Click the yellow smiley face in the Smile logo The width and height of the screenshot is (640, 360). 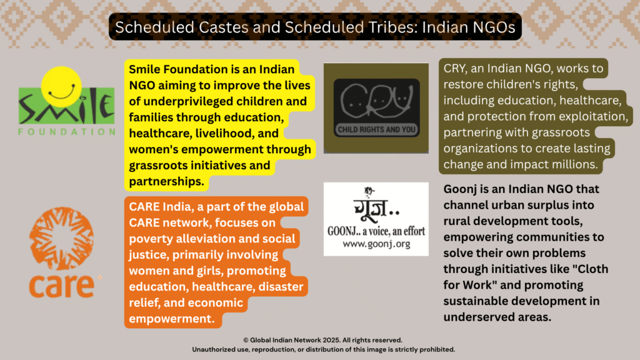coord(61,86)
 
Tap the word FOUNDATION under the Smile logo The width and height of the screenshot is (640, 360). coord(67,132)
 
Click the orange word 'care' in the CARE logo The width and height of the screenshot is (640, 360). coord(62,286)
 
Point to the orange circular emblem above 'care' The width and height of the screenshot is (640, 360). coord(62,238)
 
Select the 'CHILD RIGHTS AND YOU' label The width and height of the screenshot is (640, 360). coord(376,130)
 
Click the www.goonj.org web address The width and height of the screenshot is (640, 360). coord(376,244)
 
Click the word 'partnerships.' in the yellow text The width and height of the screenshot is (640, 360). coord(166,181)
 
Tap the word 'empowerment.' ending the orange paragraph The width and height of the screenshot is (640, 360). coord(172,318)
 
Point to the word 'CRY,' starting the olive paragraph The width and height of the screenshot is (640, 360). coord(455,69)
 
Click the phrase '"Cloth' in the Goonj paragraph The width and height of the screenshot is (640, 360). coord(589,269)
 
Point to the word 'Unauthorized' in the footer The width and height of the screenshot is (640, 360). coord(212,349)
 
